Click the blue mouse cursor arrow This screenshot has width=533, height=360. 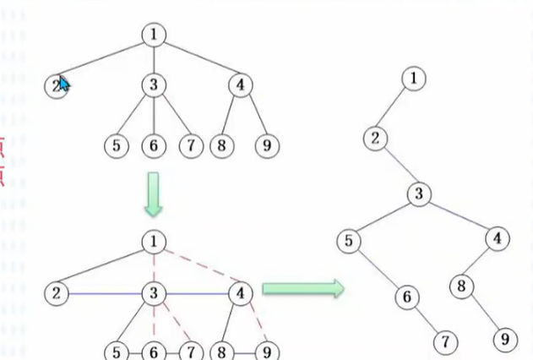point(63,84)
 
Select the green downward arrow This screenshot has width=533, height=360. point(152,194)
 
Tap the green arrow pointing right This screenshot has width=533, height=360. point(302,290)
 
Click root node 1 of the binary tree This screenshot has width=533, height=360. point(413,79)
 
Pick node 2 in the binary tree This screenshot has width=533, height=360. point(376,138)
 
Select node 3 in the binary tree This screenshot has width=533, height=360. point(419,194)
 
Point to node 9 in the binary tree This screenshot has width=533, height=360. point(504,340)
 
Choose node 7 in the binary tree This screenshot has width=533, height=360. point(444,341)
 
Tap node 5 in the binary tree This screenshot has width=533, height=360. point(348,242)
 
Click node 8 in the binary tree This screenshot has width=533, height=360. point(461,286)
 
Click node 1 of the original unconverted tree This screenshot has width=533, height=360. point(153,35)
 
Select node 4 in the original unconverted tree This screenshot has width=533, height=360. point(241,85)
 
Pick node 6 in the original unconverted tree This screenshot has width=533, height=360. point(153,145)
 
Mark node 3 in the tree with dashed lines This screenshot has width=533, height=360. point(153,293)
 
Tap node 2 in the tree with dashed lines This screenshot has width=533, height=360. point(57,293)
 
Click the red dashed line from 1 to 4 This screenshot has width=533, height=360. point(199,267)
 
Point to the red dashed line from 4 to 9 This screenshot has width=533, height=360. point(256,325)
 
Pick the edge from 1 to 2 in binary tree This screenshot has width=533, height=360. point(394,108)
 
